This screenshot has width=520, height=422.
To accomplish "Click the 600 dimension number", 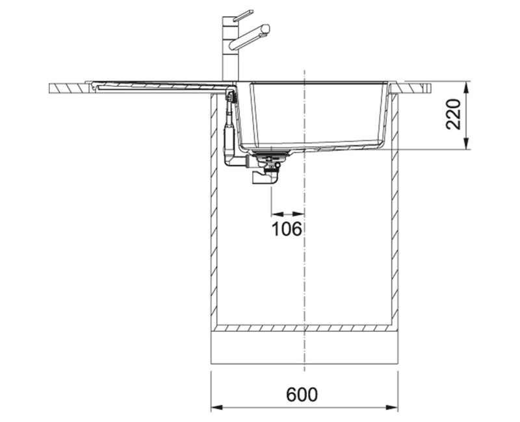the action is [x=302, y=394].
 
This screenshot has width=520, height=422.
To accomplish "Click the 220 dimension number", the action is [x=453, y=114].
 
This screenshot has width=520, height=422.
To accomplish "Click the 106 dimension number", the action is [x=287, y=229].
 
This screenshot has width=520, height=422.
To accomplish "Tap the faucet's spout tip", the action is [x=266, y=29].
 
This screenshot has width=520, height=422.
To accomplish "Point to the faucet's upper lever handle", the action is [x=243, y=16].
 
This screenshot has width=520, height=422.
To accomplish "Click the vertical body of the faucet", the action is [x=228, y=50].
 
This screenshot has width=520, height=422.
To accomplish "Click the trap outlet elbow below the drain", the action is [x=264, y=178].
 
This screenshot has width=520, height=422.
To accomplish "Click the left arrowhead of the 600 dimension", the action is [x=216, y=407].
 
